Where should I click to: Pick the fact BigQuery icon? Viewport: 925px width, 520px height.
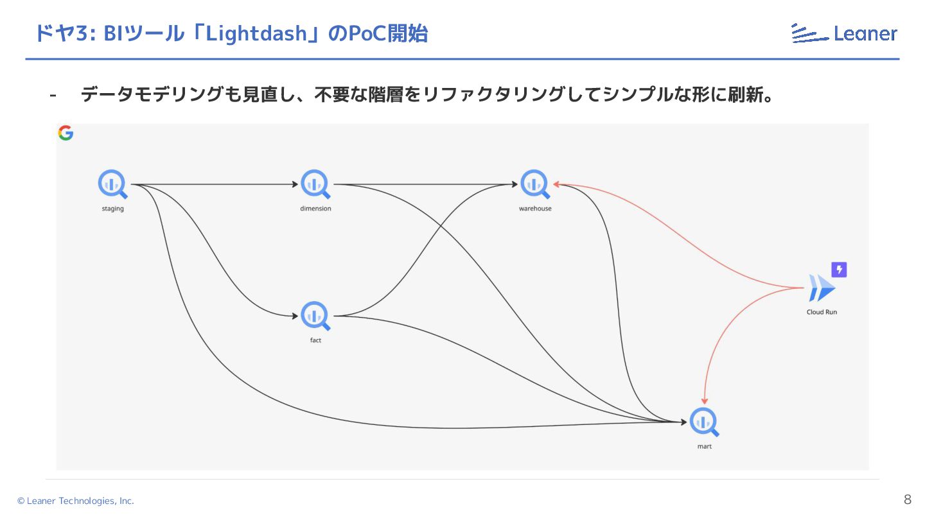pos(315,316)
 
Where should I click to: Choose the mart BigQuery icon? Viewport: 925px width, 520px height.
pos(704,422)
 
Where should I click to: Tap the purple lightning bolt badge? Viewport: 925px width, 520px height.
pos(839,270)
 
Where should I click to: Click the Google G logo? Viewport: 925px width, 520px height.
pos(66,133)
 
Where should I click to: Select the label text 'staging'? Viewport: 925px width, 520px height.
pos(112,209)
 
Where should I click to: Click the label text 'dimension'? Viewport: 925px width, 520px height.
pos(315,209)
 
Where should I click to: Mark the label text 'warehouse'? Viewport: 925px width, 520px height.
pos(535,209)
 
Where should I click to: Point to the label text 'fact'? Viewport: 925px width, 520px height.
pos(315,340)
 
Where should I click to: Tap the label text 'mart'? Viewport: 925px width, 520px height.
pos(704,446)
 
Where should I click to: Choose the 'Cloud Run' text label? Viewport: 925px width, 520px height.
pos(822,312)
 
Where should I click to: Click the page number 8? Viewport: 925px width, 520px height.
pos(907,500)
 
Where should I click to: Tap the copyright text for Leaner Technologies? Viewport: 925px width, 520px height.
pos(76,501)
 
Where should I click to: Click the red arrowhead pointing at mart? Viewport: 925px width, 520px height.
pos(705,399)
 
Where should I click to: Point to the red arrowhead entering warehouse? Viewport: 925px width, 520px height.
pos(558,185)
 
